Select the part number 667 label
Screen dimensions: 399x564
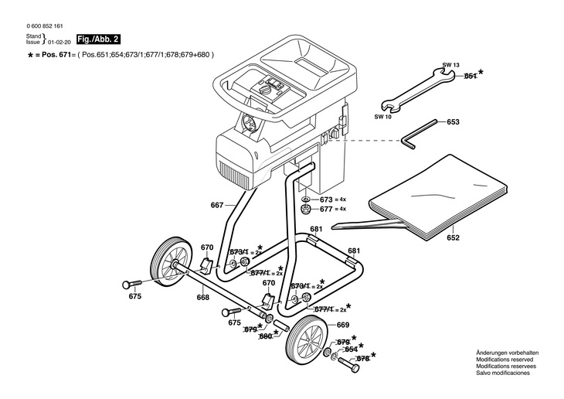216,205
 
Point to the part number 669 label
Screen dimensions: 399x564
343,325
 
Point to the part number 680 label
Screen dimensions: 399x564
265,336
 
